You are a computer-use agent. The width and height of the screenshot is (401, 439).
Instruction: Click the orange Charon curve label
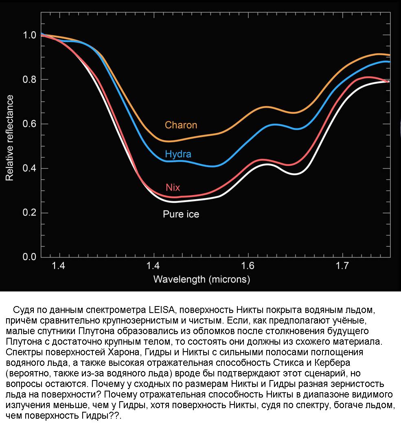coord(181,125)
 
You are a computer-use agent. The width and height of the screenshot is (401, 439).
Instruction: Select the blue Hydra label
coord(178,154)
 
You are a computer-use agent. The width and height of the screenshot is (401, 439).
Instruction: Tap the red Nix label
coord(173,187)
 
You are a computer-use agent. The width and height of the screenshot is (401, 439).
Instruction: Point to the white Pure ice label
coord(181,214)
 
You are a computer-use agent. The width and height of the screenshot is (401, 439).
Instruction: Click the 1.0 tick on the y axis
coord(30,35)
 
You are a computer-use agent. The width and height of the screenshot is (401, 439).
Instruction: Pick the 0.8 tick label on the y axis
coord(30,80)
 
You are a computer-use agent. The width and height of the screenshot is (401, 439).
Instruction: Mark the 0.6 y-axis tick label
coord(30,124)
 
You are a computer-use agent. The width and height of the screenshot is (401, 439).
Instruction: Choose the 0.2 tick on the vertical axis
coord(30,213)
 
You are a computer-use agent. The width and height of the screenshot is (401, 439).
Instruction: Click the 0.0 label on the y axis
coord(30,257)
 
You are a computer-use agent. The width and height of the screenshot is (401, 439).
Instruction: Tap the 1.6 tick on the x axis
coord(248,266)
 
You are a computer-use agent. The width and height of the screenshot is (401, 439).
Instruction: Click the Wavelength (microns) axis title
coord(202,280)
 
